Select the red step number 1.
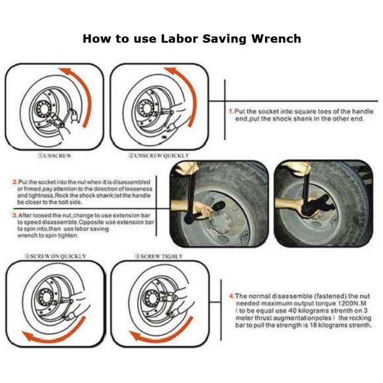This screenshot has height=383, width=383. (230, 112)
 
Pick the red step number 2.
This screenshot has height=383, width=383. (14, 182)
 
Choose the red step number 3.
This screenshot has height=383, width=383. (14, 215)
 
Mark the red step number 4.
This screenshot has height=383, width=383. (232, 296)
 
